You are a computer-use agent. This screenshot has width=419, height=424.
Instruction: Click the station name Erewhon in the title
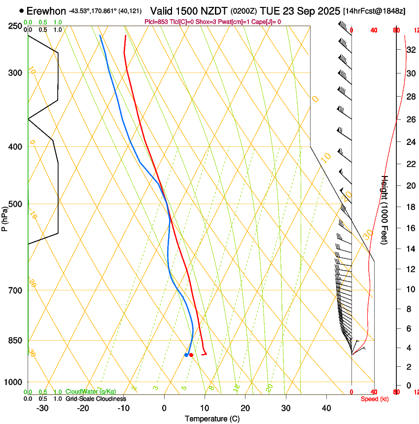click(x=46, y=11)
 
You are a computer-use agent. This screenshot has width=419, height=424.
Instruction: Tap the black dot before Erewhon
click(x=21, y=10)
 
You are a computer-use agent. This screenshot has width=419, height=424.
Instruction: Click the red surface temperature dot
click(x=191, y=354)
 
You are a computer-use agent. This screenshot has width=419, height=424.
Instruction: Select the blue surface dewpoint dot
click(x=186, y=354)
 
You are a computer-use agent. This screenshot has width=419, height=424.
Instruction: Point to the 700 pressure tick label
click(x=15, y=290)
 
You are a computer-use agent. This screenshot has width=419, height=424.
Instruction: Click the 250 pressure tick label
click(x=15, y=26)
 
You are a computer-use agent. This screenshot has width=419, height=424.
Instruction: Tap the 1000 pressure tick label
click(x=13, y=382)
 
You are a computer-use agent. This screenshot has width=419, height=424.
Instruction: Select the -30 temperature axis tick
click(x=42, y=408)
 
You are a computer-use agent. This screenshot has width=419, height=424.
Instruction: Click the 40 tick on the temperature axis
click(x=326, y=408)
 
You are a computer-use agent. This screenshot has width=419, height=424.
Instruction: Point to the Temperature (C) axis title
click(x=212, y=419)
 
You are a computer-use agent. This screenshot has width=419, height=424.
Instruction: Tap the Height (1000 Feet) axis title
click(x=385, y=210)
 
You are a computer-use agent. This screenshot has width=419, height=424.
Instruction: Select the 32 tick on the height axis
click(x=409, y=49)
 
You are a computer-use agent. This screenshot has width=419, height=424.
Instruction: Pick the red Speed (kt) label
click(x=375, y=399)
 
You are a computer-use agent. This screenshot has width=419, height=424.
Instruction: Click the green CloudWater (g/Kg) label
click(x=91, y=391)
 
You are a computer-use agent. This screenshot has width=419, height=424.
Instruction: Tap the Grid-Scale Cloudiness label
click(x=96, y=399)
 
